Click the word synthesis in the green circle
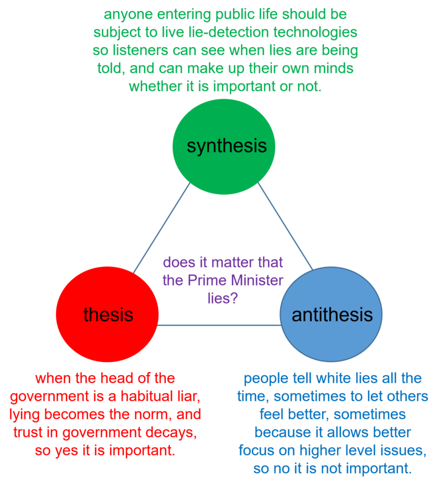(x=227, y=146)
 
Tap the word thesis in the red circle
(x=108, y=315)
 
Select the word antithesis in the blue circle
(x=332, y=315)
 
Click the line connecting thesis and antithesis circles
(x=219, y=325)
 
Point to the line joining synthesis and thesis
(x=161, y=228)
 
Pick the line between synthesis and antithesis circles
(x=285, y=226)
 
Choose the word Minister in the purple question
(x=257, y=280)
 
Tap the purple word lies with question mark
(x=223, y=298)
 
